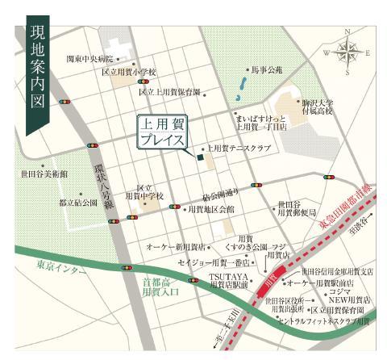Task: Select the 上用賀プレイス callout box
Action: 167,133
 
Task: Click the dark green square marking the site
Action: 198,157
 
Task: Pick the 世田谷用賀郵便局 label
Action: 295,209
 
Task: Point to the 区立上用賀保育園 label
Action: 169,92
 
